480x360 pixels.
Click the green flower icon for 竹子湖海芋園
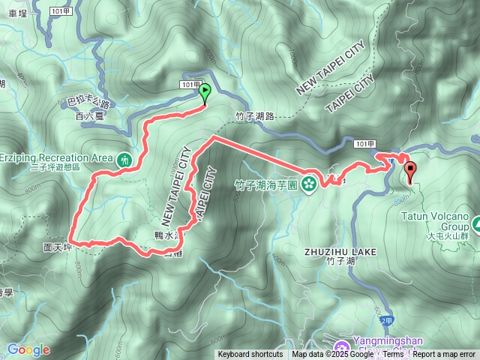coord(308,184)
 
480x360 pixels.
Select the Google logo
coord(28,349)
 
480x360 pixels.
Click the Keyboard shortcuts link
coord(250,354)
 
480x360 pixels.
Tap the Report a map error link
coord(445,354)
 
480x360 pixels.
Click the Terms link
coord(394,354)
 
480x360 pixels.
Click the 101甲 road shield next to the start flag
coord(191,85)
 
